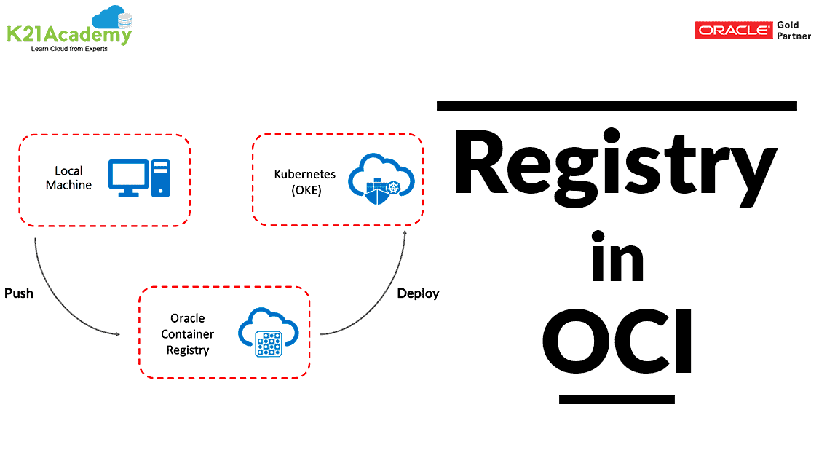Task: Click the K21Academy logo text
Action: (68, 34)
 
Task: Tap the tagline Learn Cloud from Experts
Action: (68, 49)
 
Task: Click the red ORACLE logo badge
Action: (732, 31)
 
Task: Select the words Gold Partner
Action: (794, 31)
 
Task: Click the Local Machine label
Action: (68, 178)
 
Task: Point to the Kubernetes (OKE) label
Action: (304, 181)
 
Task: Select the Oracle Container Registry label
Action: (187, 334)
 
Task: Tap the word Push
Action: (19, 294)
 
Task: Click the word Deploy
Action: (418, 293)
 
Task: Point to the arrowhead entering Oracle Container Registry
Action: (116, 334)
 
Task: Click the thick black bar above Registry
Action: (617, 106)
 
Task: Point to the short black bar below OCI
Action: (617, 399)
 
